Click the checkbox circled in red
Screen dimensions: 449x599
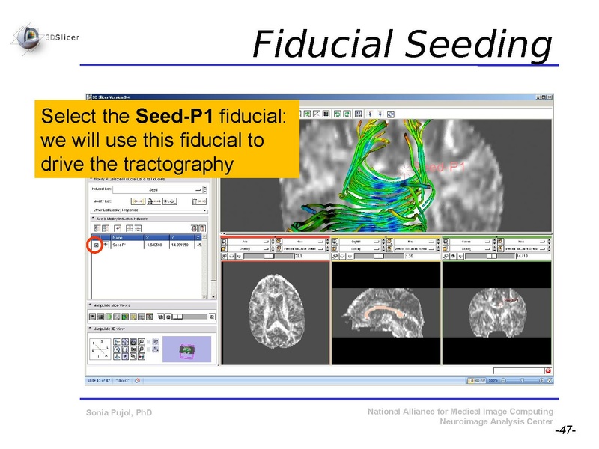(x=96, y=245)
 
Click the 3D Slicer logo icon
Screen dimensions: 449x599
(x=30, y=34)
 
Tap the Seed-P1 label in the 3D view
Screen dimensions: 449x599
(x=446, y=167)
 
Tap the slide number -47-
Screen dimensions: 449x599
(x=565, y=431)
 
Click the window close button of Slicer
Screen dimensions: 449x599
(x=549, y=97)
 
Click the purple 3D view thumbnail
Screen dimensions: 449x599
(x=186, y=349)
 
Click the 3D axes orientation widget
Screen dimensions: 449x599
(x=103, y=349)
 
